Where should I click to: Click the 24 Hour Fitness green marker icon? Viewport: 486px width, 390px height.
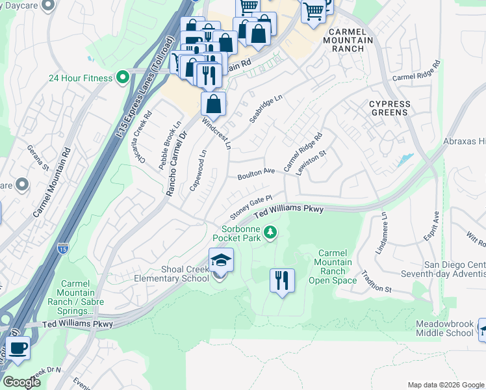click(122, 78)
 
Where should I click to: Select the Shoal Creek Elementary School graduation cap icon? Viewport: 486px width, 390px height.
click(221, 261)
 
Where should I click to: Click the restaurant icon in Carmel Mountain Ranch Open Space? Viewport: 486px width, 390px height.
click(282, 281)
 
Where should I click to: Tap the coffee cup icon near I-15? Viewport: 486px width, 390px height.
click(18, 347)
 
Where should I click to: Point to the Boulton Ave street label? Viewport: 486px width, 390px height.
click(256, 174)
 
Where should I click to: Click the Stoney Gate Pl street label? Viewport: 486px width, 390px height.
click(250, 208)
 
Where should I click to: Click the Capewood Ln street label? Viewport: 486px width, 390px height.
click(198, 170)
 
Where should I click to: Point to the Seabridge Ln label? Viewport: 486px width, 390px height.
click(266, 109)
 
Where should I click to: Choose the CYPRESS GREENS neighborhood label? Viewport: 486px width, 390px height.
click(390, 108)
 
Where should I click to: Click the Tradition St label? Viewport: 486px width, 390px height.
click(376, 280)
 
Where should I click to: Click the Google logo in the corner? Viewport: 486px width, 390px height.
click(21, 382)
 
